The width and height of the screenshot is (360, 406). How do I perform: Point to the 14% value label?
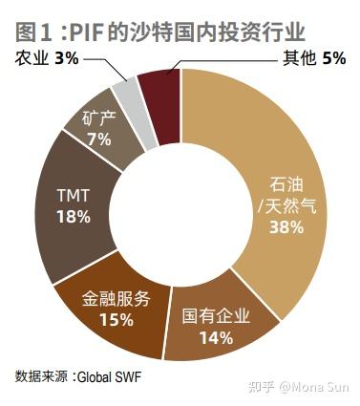pyautogui.click(x=217, y=336)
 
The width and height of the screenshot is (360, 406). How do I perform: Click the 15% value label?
pyautogui.click(x=115, y=319)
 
